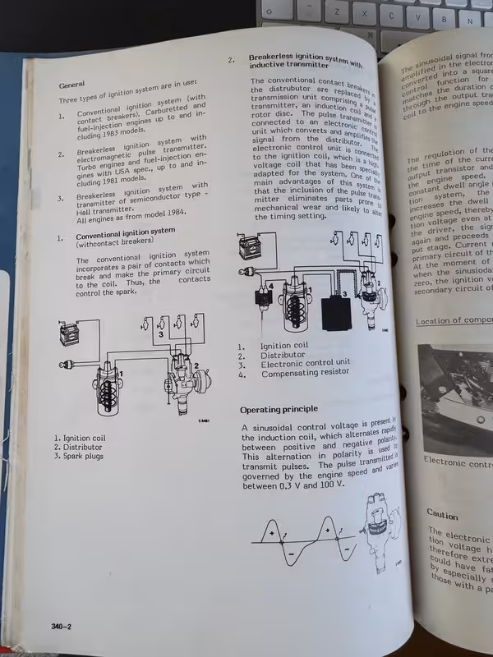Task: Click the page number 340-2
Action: point(62,627)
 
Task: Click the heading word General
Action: point(73,85)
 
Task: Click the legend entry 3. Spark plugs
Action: point(80,456)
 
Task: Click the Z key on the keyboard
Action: point(336,14)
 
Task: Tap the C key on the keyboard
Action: point(392,15)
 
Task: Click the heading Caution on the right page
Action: point(443,514)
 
